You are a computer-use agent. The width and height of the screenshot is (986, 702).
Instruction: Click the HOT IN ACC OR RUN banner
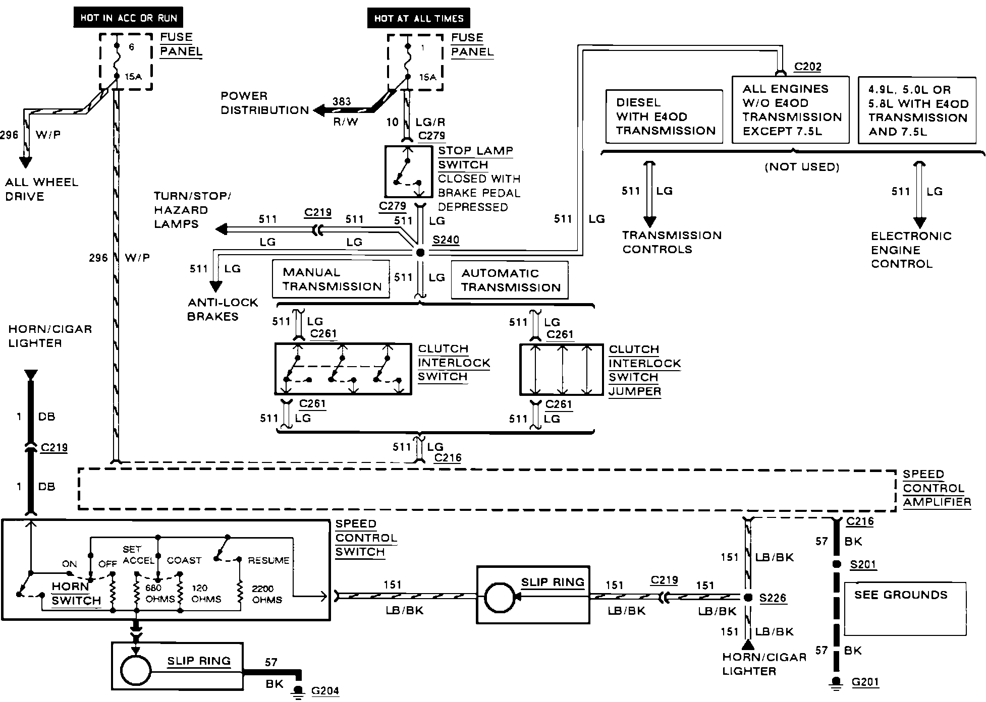click(x=129, y=18)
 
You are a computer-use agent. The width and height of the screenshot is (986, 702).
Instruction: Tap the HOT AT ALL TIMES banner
click(x=419, y=19)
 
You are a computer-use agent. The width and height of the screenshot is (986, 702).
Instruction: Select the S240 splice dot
click(x=420, y=252)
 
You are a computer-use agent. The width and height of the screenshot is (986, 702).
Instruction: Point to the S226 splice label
click(x=773, y=598)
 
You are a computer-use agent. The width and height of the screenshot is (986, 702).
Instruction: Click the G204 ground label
click(x=325, y=691)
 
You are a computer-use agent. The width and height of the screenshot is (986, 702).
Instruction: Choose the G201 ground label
click(x=865, y=682)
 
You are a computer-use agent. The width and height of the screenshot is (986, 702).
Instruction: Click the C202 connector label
click(x=808, y=67)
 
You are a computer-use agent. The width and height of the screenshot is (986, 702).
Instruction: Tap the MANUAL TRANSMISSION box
click(x=331, y=279)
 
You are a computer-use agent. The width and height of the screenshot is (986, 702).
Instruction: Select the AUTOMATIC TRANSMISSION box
click(x=510, y=280)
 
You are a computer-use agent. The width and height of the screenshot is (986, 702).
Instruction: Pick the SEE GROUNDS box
click(x=905, y=609)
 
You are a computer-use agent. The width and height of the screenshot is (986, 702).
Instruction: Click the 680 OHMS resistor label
click(x=159, y=593)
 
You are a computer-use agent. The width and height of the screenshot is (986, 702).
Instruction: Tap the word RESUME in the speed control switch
click(x=268, y=560)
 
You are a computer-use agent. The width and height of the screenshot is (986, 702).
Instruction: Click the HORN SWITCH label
click(x=76, y=594)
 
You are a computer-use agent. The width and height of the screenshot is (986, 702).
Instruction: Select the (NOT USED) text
click(x=802, y=167)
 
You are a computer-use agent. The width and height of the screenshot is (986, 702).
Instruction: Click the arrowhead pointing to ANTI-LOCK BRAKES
click(x=215, y=286)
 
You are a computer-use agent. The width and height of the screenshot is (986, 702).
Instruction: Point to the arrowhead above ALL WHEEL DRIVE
click(x=25, y=162)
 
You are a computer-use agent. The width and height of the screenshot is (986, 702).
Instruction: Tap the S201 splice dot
click(x=836, y=564)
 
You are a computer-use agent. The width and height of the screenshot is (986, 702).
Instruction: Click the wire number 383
click(x=342, y=101)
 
